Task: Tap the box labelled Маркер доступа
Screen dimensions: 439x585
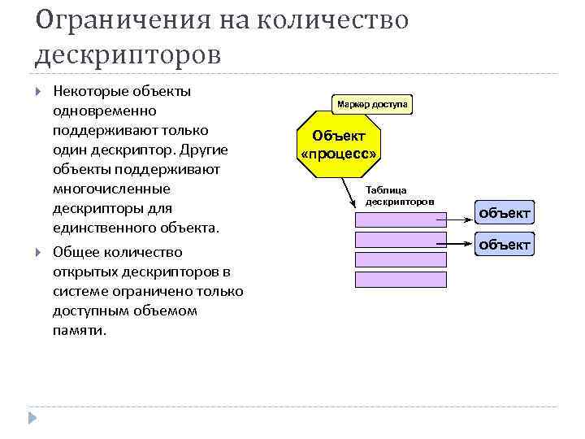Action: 372,104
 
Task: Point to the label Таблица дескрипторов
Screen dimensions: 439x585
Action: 401,195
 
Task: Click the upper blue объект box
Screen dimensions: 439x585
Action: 505,213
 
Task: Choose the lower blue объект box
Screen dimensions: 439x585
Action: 505,245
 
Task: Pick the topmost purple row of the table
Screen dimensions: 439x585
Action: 400,219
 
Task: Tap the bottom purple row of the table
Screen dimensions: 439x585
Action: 400,279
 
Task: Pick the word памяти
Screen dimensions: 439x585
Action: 78,331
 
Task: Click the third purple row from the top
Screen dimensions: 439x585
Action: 400,259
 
